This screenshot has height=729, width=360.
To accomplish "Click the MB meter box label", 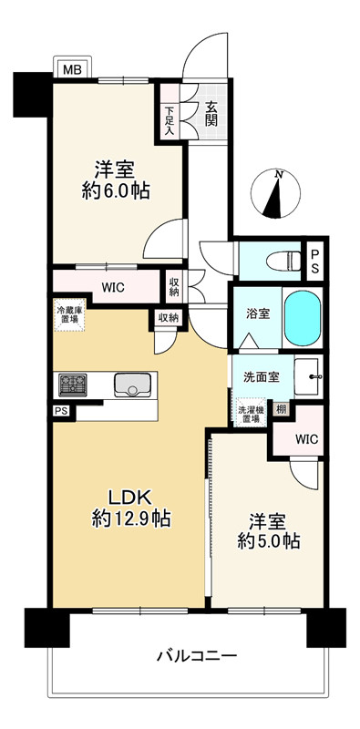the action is (72, 70).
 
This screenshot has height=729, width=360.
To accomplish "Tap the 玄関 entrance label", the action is (211, 114).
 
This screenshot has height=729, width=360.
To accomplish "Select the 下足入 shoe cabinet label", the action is (170, 120).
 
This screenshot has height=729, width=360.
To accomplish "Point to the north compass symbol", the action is (275, 193).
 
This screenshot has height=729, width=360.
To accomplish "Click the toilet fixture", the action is (284, 262).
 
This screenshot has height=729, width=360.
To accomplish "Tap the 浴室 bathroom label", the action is (258, 313).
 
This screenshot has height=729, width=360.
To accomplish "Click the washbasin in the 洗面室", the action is (308, 376).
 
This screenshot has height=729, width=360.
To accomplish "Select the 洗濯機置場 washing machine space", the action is (252, 411).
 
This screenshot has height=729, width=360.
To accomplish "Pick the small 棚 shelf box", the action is (281, 409).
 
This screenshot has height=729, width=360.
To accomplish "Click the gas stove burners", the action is (73, 385).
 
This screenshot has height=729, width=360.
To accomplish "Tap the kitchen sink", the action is (132, 385).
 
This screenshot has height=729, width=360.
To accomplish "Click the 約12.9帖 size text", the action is (131, 518).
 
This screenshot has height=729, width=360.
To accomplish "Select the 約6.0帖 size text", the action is (116, 191).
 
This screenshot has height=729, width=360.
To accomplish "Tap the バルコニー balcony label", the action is (197, 656).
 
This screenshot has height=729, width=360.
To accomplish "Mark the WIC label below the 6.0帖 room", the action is (114, 287).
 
